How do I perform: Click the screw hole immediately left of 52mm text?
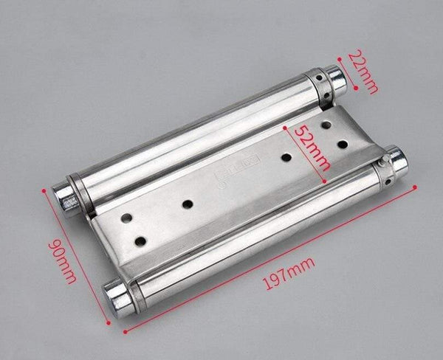coord(285,156)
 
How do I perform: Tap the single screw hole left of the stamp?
coord(188,204)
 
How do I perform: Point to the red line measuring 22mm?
coord(351,70)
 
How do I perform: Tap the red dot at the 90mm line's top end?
coord(44,191)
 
